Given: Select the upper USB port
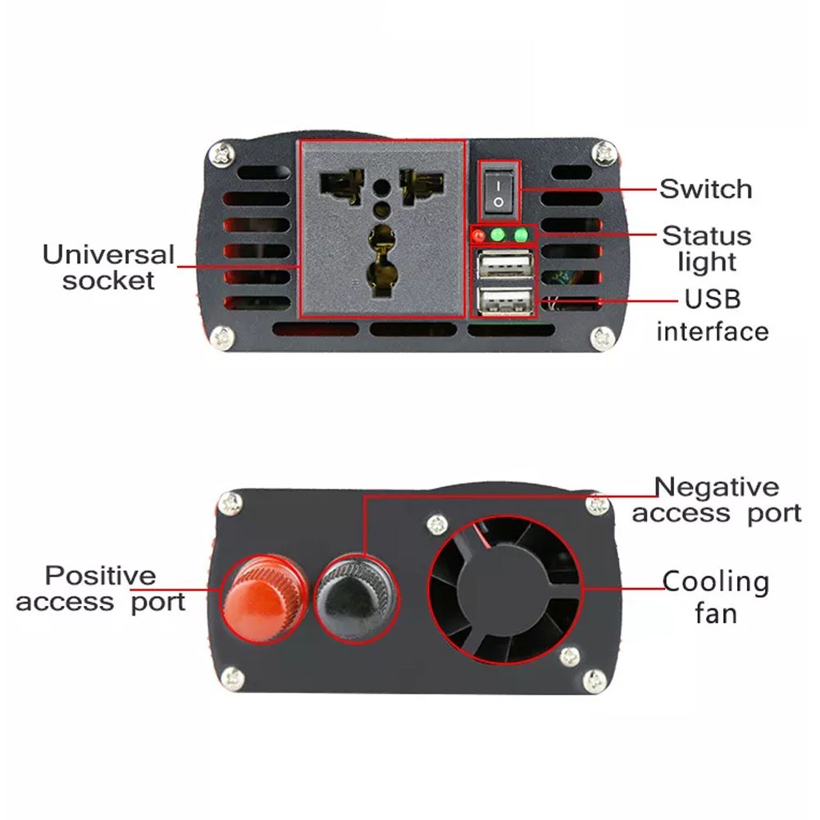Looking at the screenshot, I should (502, 267).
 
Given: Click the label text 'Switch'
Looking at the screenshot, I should (705, 189).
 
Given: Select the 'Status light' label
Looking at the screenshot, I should (707, 248).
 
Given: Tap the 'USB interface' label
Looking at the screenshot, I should (712, 315).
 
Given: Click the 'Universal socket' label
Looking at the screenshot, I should (109, 266).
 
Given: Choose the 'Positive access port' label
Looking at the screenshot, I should (100, 588).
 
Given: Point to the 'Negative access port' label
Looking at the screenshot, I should (716, 500).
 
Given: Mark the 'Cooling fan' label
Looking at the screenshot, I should (716, 597).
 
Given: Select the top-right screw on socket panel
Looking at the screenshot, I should (606, 152).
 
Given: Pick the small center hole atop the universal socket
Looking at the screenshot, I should (381, 187).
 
